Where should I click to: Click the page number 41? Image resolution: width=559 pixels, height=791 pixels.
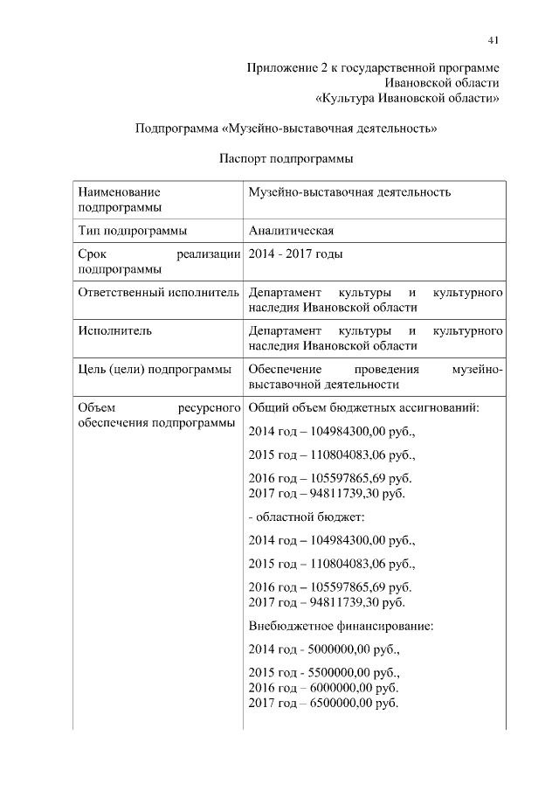coord(493,39)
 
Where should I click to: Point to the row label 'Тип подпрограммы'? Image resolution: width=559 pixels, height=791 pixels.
coord(132,231)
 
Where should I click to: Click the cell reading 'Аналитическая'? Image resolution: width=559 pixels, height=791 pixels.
coord(292,231)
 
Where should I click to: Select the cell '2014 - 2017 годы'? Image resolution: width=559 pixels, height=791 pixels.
coord(295,254)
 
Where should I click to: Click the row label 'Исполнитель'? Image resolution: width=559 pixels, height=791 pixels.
coord(114,330)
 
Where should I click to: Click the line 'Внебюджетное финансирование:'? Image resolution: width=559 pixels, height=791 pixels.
coord(341,627)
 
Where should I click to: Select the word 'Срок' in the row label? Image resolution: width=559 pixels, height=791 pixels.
coord(91,254)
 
